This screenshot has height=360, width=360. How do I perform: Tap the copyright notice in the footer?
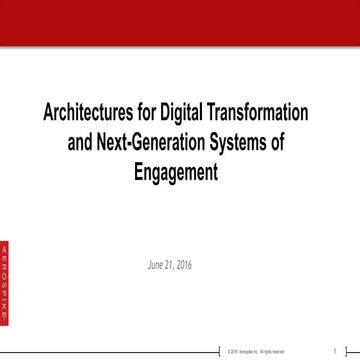click(256, 351)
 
